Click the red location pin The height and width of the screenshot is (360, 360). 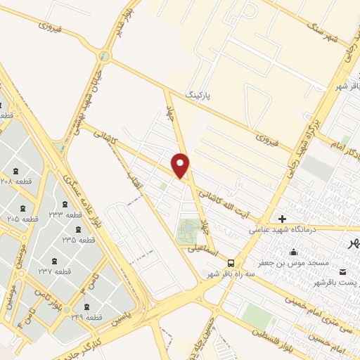click(x=181, y=165)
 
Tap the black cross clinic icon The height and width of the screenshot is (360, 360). click(x=283, y=219)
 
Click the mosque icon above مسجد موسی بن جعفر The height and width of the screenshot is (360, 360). click(x=293, y=252)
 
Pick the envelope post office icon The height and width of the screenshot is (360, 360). click(x=342, y=271)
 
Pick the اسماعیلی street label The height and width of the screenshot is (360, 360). click(x=202, y=247)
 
